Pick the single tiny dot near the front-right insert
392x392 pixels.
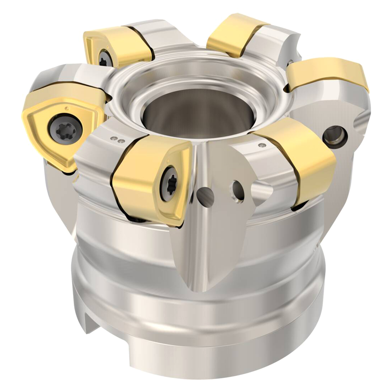[x=262, y=145]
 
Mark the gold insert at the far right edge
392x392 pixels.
[x=331, y=73]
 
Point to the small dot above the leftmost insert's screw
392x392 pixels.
[x=66, y=108]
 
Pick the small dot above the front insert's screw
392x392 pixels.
[x=169, y=159]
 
